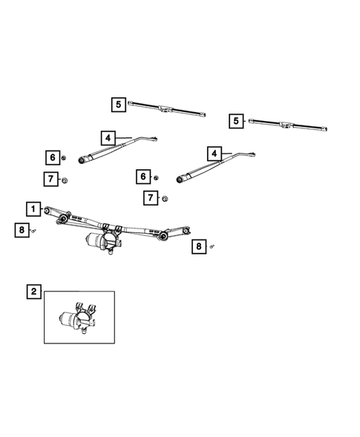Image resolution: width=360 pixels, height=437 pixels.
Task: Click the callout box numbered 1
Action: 33,208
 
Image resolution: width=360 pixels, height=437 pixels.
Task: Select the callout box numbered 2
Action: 33,292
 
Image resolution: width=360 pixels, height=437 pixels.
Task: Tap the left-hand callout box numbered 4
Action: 108,137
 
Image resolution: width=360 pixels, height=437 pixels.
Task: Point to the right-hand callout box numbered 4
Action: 215,154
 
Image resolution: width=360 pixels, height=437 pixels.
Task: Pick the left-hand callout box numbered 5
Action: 119,105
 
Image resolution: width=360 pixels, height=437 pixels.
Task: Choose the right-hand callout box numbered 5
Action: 237,120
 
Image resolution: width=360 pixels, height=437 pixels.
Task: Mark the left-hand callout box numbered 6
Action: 52,157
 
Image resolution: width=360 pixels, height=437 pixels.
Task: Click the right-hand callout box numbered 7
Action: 151,197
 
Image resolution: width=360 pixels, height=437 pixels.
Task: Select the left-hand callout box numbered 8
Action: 22,231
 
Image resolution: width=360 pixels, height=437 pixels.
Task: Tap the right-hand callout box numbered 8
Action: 198,246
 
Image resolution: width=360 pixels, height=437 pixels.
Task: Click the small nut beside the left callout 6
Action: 65,158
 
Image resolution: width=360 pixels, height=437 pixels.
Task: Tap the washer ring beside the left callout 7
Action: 65,180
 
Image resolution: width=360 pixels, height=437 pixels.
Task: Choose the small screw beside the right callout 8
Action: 212,246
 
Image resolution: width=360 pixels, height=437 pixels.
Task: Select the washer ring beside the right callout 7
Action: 165,198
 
